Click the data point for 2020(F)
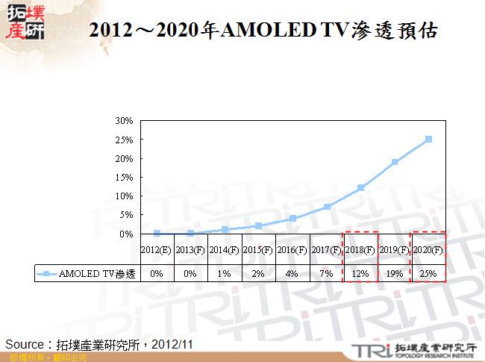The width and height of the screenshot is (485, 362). tap(428, 139)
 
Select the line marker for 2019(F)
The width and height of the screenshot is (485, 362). tap(395, 162)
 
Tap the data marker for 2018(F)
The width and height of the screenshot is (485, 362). tap(361, 188)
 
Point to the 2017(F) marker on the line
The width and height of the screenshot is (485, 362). tap(327, 207)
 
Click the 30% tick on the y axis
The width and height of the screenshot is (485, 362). tap(125, 120)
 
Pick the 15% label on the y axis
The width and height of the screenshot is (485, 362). tap(125, 177)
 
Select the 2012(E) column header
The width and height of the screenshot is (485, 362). tap(157, 250)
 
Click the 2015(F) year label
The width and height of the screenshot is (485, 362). tap(258, 250)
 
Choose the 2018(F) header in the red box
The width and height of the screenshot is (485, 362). tap(360, 250)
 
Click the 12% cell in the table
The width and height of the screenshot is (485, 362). tap(360, 274)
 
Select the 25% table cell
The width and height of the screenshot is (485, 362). tap(428, 274)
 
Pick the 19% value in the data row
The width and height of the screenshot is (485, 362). tap(395, 274)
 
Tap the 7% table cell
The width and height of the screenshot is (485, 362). tap(327, 274)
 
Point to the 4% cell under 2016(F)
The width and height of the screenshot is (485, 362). tap(292, 274)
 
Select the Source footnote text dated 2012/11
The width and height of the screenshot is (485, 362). tap(100, 344)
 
